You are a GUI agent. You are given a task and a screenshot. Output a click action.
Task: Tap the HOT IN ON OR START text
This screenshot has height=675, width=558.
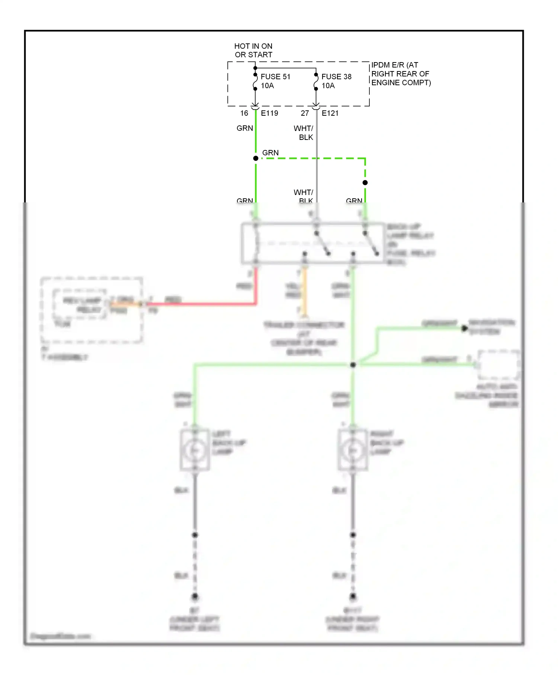click(253, 50)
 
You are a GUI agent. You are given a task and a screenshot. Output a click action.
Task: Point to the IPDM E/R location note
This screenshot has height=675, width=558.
click(401, 74)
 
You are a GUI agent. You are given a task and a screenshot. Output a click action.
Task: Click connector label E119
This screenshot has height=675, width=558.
click(269, 113)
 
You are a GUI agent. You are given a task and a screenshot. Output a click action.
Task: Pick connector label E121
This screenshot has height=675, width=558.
click(330, 113)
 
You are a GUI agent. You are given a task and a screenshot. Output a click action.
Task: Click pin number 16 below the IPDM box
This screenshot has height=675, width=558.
click(244, 113)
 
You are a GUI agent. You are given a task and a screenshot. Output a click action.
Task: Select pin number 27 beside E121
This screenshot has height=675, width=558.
click(305, 113)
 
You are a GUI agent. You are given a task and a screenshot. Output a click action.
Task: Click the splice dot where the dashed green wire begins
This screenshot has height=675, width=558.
click(256, 159)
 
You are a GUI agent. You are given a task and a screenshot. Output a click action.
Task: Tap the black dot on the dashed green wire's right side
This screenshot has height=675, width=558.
click(365, 183)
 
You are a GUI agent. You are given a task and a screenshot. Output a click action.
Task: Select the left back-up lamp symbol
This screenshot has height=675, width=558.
click(195, 451)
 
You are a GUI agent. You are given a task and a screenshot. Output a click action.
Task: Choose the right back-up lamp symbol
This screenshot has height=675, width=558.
click(353, 451)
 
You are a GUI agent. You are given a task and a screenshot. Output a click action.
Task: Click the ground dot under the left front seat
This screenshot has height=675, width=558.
click(195, 596)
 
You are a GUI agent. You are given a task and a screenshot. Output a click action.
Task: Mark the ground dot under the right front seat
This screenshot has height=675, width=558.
click(353, 596)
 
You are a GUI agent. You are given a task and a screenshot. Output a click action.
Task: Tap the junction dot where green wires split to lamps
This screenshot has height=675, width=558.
click(353, 365)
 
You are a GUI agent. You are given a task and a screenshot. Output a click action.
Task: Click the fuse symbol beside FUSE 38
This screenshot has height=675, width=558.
click(316, 82)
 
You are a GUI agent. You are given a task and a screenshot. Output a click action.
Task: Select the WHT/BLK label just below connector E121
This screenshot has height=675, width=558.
click(304, 133)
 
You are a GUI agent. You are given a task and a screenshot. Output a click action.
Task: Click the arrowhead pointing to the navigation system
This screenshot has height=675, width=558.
click(464, 328)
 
